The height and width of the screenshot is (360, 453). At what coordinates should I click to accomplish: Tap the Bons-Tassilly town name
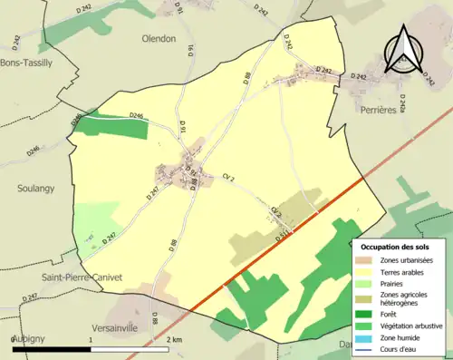point(26,63)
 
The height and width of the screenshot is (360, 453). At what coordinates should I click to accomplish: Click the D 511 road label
point(283,238)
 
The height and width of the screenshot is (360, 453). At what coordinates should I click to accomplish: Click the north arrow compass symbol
point(403,50)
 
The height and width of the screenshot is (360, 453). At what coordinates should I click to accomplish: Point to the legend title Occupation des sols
point(401,247)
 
